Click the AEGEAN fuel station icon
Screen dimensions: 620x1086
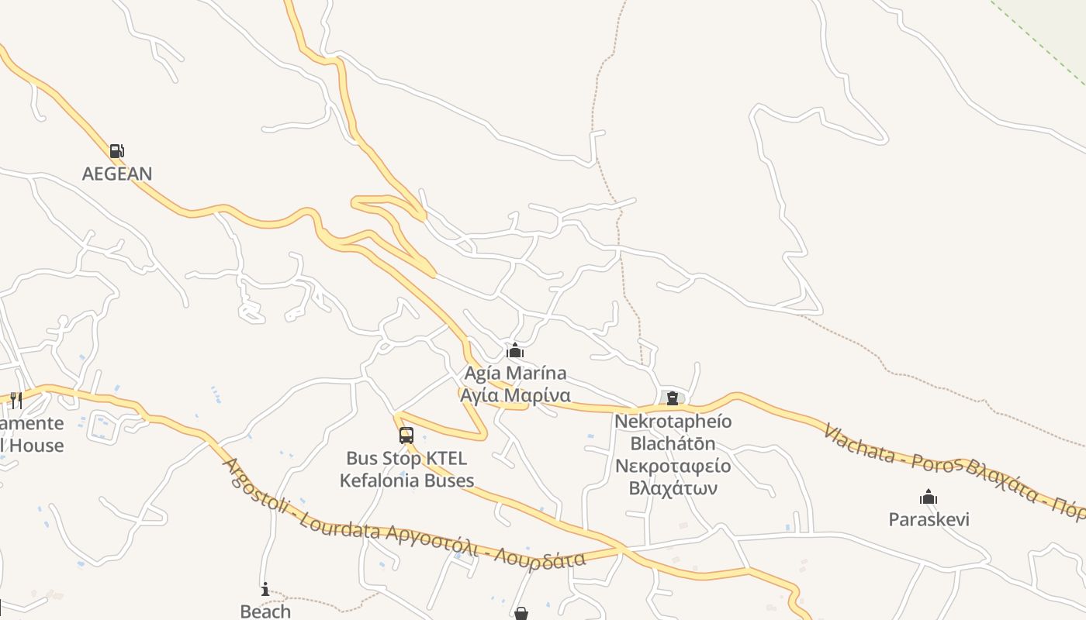[116, 150]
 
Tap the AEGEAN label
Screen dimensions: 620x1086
[117, 174]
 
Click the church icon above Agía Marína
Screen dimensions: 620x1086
[515, 351]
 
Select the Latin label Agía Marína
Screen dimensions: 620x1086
[515, 374]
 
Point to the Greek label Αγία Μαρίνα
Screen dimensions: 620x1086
[515, 395]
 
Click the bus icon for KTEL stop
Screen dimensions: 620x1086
[406, 436]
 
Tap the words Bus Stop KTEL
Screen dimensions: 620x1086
[406, 459]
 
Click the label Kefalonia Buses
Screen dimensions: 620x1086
[406, 480]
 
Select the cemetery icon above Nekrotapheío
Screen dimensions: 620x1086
[673, 398]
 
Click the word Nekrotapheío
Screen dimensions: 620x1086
[673, 422]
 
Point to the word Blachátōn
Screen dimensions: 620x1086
[673, 444]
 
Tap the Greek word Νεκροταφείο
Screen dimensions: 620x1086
[673, 466]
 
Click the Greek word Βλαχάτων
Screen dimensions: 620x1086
[673, 488]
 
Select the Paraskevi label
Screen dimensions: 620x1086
[929, 519]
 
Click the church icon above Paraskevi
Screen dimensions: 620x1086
[929, 497]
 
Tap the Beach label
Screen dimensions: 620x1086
[265, 611]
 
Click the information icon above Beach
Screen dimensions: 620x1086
[265, 589]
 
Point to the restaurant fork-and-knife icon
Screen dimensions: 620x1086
[16, 400]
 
